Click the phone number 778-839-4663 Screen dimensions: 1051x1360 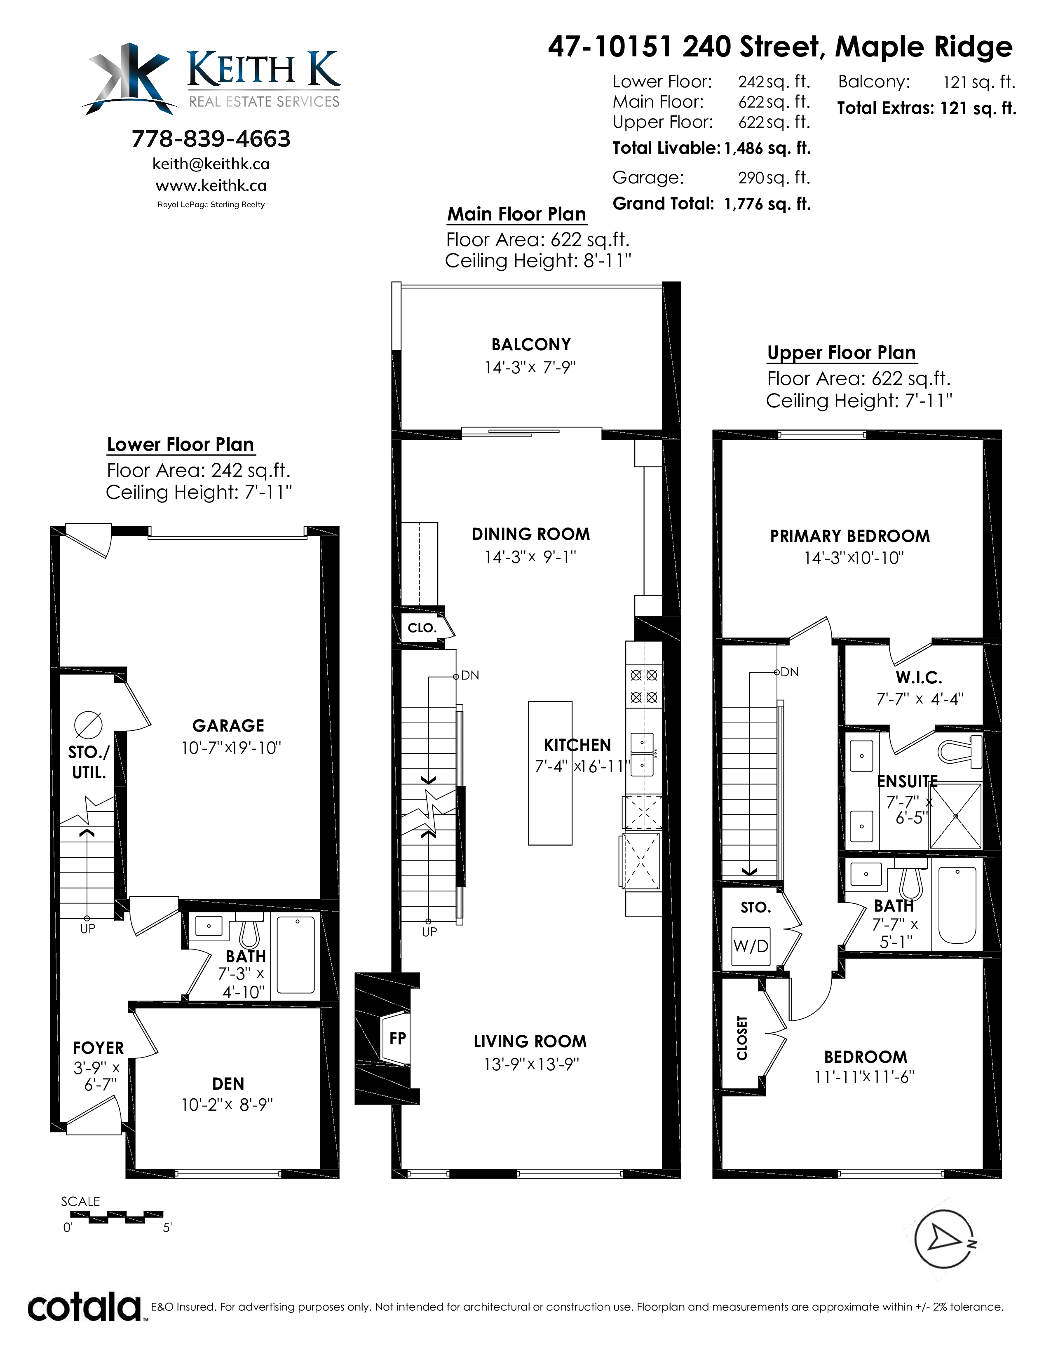pyautogui.click(x=211, y=139)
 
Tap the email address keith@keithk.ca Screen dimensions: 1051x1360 pyautogui.click(x=211, y=164)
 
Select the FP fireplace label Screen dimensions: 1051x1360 pyautogui.click(x=397, y=1038)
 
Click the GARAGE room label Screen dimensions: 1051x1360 pyautogui.click(x=228, y=725)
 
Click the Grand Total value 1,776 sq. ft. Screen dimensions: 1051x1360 pyautogui.click(x=767, y=204)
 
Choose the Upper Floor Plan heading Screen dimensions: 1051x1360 pyautogui.click(x=841, y=352)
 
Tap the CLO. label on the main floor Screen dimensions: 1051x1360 pyautogui.click(x=422, y=628)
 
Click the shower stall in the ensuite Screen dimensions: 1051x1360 pyautogui.click(x=955, y=816)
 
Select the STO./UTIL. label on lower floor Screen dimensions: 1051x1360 pyautogui.click(x=89, y=762)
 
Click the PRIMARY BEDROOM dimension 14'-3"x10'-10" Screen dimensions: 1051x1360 pyautogui.click(x=854, y=558)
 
